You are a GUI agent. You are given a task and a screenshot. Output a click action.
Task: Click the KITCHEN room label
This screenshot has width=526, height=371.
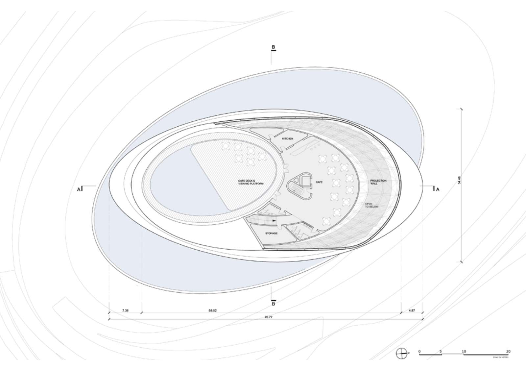pos(287,139)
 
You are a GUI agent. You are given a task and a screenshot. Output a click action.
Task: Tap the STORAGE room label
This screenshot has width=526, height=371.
pos(271,233)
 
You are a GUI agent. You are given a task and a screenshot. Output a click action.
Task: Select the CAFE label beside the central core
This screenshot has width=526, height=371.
pos(319,182)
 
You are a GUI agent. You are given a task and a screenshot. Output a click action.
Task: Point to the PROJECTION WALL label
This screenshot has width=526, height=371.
pos(378,182)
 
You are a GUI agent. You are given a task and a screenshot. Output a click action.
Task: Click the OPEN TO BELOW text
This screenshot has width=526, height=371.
pos(371,205)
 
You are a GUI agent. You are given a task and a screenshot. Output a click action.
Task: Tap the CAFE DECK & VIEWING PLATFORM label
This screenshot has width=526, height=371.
pos(251,183)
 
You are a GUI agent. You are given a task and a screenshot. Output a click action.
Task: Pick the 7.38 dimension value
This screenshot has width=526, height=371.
pos(125,310)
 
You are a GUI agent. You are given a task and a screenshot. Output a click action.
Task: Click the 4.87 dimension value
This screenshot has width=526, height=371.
pos(412,310)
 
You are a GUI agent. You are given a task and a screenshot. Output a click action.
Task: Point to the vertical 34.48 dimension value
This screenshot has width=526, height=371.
pos(464,184)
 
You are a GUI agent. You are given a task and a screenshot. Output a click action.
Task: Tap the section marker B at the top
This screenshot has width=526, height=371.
pos(273,47)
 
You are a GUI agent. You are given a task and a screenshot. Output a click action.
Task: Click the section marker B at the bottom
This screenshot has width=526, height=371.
pos(273,303)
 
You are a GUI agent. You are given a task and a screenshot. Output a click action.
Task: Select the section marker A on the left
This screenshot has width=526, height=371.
pos(79,189)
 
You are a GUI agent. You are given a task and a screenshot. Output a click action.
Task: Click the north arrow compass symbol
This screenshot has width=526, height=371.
pos(401,353)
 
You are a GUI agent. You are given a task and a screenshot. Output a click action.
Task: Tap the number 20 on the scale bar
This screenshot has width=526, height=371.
pos(508,351)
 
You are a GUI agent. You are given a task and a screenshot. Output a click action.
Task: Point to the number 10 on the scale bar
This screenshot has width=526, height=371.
pos(464,351)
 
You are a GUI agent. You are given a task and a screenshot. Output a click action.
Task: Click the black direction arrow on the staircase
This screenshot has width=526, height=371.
pos(274,221)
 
